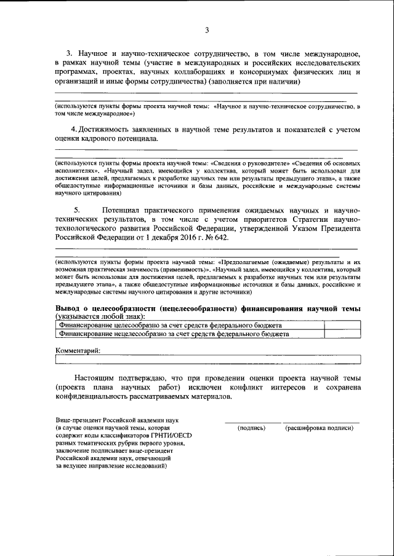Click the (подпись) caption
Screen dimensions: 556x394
(251, 428)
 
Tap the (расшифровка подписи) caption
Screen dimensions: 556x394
(320, 428)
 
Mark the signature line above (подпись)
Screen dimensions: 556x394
(250, 421)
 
